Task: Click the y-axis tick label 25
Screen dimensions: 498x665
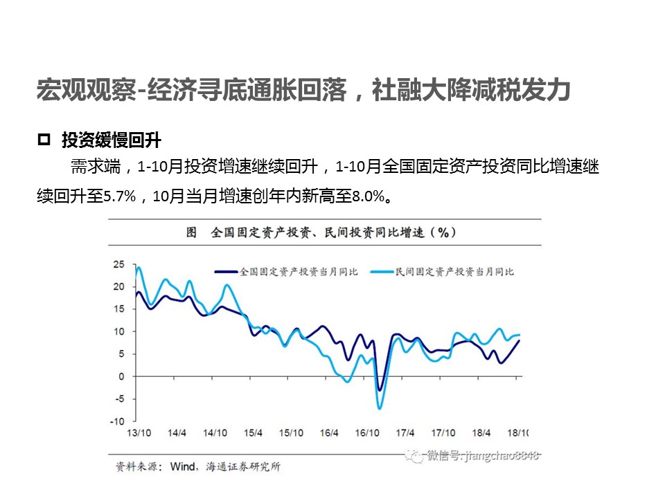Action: (118, 264)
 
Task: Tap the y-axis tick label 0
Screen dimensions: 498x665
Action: (121, 376)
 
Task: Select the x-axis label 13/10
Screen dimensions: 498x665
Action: (139, 433)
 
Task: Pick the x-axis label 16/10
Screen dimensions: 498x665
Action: (367, 433)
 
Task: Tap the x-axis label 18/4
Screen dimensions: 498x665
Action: (481, 433)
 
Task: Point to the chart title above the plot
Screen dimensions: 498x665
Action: (321, 232)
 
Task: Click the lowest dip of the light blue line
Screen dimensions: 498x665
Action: (380, 408)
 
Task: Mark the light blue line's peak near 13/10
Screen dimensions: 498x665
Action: (139, 268)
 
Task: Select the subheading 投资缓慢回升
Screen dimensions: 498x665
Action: (111, 141)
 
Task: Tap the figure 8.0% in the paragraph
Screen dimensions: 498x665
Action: (367, 196)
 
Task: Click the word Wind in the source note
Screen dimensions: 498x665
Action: (183, 467)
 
